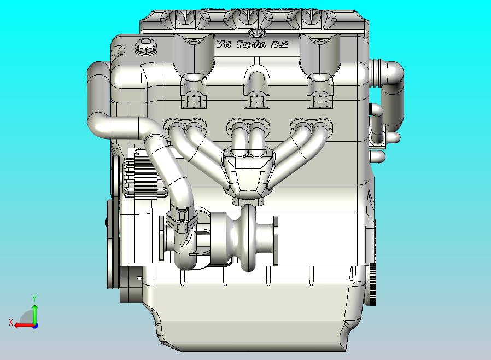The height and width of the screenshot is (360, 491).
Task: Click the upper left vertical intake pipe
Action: [x=98, y=90]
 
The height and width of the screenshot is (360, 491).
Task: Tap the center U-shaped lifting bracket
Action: [x=255, y=82]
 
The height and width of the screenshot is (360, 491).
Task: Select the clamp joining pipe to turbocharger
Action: [x=180, y=219]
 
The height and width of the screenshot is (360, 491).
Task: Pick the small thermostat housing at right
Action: [x=377, y=137]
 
